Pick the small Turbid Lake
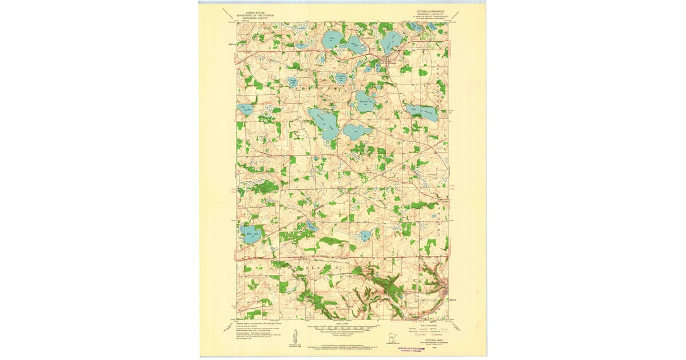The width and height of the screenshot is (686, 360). pyautogui.click(x=293, y=83)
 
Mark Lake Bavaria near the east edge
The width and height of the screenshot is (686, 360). pyautogui.click(x=423, y=113)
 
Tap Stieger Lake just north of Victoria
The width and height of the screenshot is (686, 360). pyautogui.click(x=392, y=40)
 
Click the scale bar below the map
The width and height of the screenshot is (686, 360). pyautogui.click(x=342, y=329)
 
